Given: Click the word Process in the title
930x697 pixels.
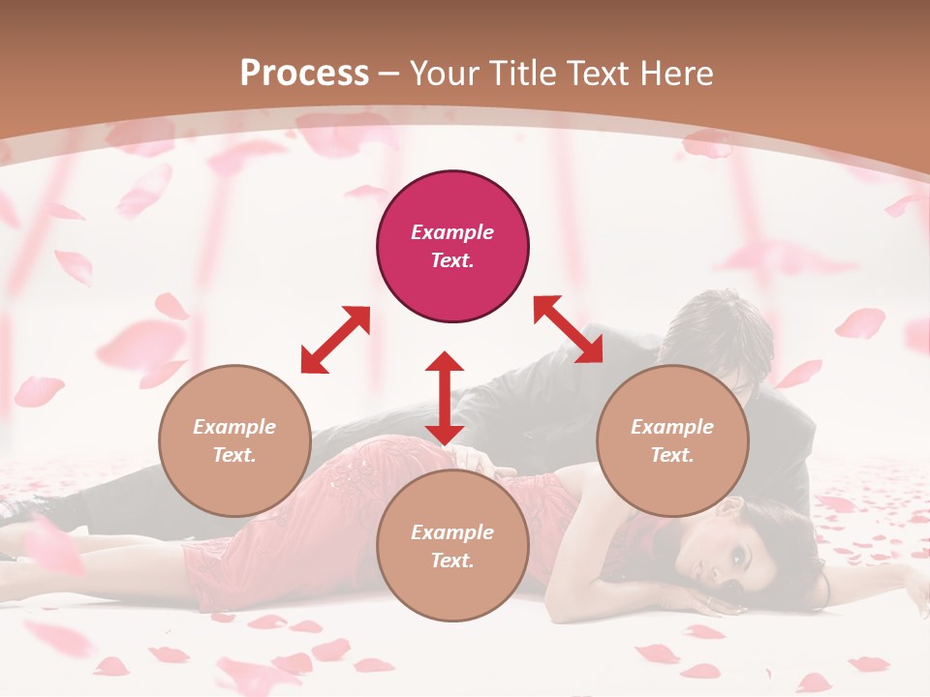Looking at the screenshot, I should pos(304,74).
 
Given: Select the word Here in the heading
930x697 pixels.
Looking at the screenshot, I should pos(678,74).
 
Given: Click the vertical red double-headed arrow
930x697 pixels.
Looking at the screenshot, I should pos(445,398).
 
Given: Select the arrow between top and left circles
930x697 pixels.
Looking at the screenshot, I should pos(335,340).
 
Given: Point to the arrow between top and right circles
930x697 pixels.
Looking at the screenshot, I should pos(568,329).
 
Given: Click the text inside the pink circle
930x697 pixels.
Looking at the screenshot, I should pos(452,246).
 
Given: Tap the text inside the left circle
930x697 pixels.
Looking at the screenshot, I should pos(234,440).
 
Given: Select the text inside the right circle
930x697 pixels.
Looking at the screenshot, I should pos(672,440).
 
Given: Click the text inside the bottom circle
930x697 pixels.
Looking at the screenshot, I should pos(452,546).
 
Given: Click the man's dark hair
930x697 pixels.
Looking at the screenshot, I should pos(722,329).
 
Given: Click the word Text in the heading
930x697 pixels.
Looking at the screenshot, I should pos(600,74).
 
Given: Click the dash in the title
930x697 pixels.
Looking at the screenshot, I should pos(389,74).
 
